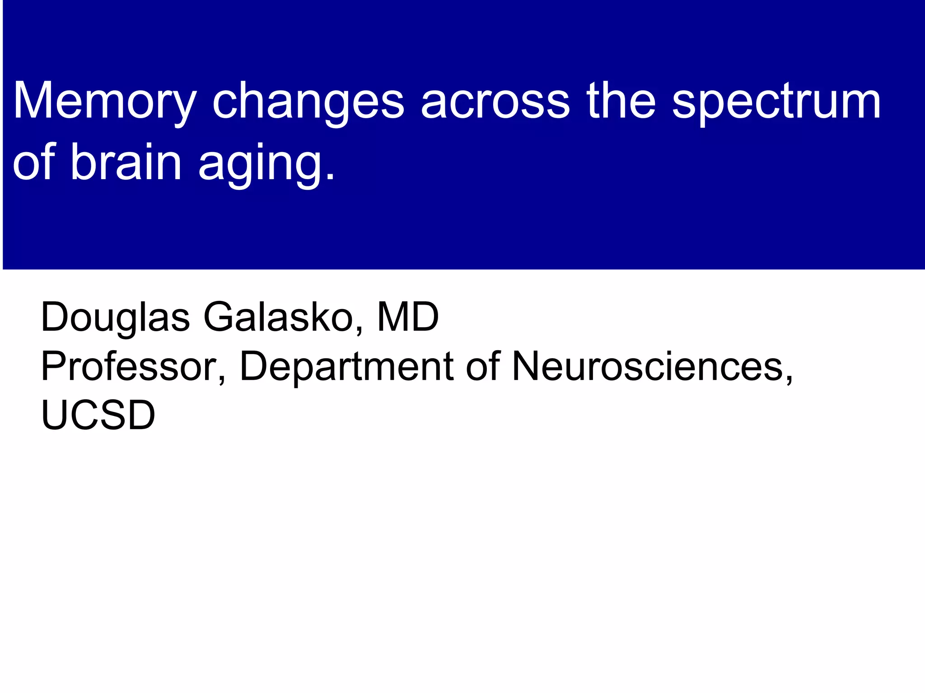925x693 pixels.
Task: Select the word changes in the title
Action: click(x=308, y=102)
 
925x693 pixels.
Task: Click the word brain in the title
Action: click(x=126, y=162)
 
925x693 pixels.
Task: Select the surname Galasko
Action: click(x=278, y=317)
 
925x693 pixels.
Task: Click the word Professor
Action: click(x=128, y=366)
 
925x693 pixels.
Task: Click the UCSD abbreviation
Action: click(x=98, y=415)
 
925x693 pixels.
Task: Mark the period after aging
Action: click(x=331, y=176)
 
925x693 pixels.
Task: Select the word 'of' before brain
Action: click(x=34, y=162)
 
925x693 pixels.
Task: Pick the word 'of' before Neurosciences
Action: click(x=483, y=366)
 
